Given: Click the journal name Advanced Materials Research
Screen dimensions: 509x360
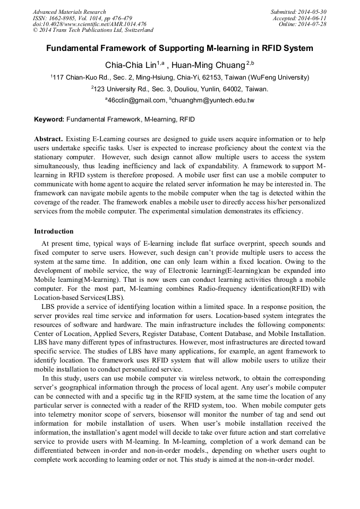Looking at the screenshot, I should [x=69, y=12].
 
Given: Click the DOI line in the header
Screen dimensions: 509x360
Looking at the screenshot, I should [x=89, y=24].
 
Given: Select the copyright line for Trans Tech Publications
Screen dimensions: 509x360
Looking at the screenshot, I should [x=93, y=30].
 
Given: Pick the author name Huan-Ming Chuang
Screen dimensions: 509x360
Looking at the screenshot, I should [x=210, y=65].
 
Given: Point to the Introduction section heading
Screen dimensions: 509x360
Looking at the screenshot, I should [x=54, y=231].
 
